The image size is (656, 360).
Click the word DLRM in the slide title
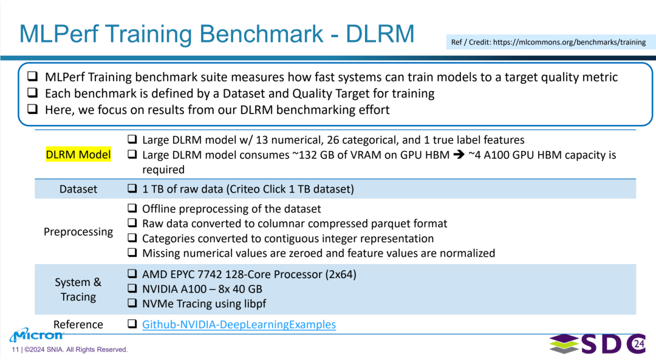[380, 33]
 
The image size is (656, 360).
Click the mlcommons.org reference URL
[569, 42]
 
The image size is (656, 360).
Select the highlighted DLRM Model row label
[78, 155]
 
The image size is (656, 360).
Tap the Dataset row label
[78, 189]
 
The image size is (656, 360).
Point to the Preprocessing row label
[78, 232]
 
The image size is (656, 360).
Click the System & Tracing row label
[78, 290]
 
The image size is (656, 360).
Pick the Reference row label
[78, 324]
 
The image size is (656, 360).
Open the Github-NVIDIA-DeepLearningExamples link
[239, 324]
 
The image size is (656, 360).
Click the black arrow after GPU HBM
[459, 155]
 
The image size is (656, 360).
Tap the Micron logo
[37, 335]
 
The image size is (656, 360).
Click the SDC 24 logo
[598, 344]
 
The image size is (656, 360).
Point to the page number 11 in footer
[15, 350]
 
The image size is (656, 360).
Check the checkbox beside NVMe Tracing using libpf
[132, 303]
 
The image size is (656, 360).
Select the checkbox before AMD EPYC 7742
[132, 273]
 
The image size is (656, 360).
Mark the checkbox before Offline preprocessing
[132, 208]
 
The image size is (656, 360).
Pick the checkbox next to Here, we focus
[33, 109]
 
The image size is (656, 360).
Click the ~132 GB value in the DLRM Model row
[311, 155]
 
